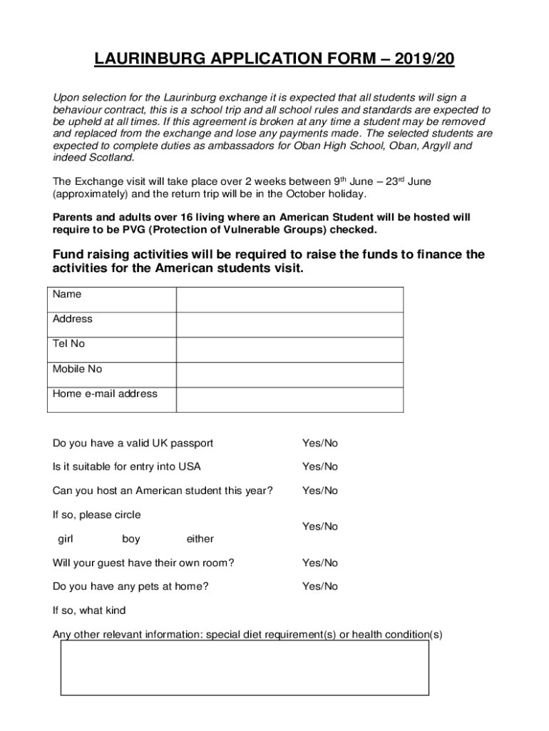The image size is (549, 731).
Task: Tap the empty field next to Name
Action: (x=289, y=300)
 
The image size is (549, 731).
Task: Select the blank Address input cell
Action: (x=289, y=325)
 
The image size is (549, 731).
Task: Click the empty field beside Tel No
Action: (x=289, y=350)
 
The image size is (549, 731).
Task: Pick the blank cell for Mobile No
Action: (x=289, y=375)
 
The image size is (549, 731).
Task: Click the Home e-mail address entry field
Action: (x=289, y=400)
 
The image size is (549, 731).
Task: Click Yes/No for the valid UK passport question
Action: (x=320, y=443)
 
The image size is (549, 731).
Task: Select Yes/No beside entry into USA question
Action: (x=320, y=467)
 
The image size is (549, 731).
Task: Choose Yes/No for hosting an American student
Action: (x=320, y=490)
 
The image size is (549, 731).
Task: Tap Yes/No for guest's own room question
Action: (x=320, y=563)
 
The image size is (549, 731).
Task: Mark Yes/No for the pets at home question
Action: (x=320, y=587)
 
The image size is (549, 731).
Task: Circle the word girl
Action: (x=66, y=539)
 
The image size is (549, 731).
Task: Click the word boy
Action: (x=131, y=539)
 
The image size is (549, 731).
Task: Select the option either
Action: (x=200, y=539)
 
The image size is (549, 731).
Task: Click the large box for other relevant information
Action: (x=245, y=668)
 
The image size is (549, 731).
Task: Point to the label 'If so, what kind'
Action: (x=89, y=611)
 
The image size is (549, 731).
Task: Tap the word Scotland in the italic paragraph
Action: (x=109, y=158)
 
